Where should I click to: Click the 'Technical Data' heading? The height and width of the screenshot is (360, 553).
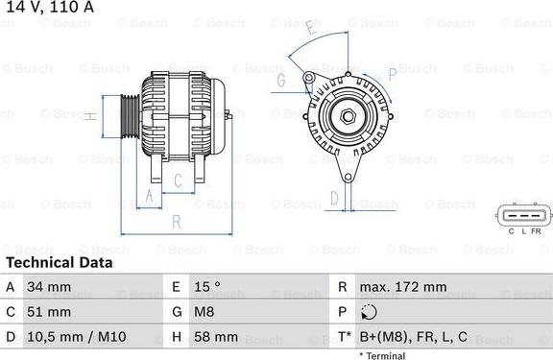pos(59,262)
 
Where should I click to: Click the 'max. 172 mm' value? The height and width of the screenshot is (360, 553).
pos(402,287)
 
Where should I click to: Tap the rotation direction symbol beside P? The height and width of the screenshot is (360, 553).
pos(370,312)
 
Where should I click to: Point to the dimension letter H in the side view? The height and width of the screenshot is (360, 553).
pos(88,116)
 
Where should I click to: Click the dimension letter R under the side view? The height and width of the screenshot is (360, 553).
pos(176,221)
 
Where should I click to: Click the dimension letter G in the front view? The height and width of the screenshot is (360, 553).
pos(281,82)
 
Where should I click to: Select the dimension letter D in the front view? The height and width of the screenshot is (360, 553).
pos(333,199)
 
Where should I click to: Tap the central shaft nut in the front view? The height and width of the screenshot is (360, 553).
pos(348,117)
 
